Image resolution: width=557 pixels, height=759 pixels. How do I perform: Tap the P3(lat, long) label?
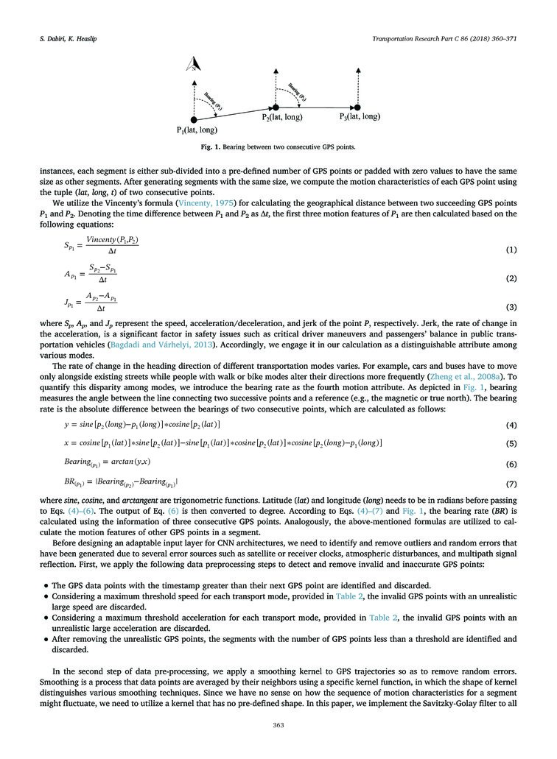tap(360, 116)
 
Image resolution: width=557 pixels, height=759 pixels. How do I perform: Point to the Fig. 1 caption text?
tap(278, 146)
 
